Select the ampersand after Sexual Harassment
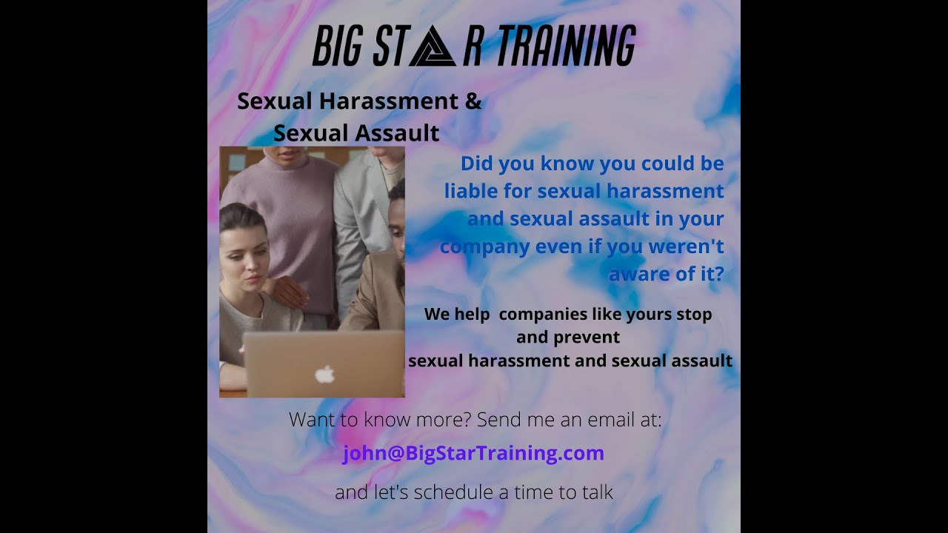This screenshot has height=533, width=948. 473,101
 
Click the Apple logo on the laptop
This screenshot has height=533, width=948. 324,374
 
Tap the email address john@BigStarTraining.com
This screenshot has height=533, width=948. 473,453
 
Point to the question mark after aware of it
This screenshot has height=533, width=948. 717,274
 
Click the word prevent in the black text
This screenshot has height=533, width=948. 590,338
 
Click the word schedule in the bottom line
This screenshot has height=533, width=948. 450,492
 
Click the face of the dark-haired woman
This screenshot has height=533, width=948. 244,264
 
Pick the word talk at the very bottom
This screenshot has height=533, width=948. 596,492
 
